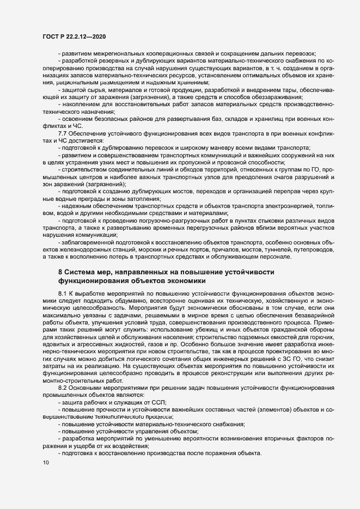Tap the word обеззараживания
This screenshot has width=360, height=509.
pos(276,97)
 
